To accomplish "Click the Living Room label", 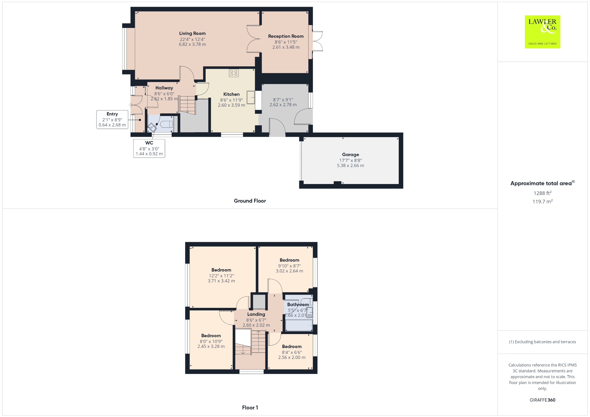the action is (192, 33).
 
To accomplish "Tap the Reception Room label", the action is (286, 36).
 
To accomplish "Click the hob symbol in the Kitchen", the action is (234, 73).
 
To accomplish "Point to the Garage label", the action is (350, 155).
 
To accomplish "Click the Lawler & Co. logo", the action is (542, 32).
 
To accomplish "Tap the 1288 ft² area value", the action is (542, 193).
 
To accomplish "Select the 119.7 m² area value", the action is (542, 202).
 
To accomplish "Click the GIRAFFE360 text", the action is (542, 400).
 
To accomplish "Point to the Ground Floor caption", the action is (250, 201).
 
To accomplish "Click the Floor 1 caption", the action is (250, 407).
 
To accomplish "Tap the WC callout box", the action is (149, 148).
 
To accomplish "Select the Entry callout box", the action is (112, 120).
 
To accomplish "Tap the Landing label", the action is (256, 314).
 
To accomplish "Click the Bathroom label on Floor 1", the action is (298, 305).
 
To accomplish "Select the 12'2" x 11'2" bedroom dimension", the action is (221, 276).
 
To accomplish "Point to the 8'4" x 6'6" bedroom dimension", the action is (292, 352).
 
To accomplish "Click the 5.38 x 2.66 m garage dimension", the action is (350, 166).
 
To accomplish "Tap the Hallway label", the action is (164, 88).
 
